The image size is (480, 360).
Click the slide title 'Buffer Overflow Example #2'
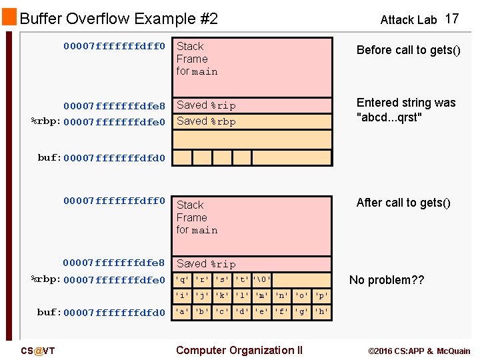coord(119,19)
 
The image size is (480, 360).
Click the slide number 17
coord(452,19)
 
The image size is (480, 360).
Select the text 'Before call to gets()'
coord(408,51)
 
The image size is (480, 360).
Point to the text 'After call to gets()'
coord(403,203)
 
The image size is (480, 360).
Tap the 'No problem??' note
coord(387,280)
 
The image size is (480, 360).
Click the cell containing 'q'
coord(182,280)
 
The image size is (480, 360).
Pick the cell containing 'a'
coord(182,311)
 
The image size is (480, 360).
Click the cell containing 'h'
coord(322,311)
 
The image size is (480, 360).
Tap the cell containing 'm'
coord(262,295)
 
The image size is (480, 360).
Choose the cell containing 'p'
coord(322,295)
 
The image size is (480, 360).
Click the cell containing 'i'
coord(182,295)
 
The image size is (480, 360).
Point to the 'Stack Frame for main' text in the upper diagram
coord(197,59)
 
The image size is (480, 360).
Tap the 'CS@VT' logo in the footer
coord(37,351)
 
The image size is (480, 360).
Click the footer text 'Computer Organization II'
coord(239,351)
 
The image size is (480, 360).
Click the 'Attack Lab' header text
coord(408,20)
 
